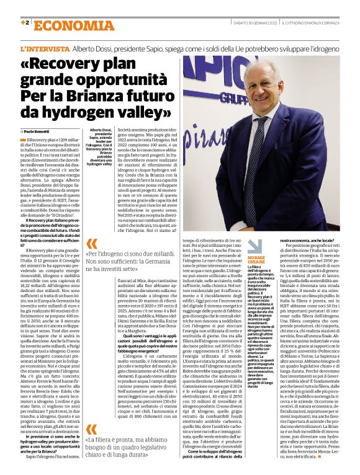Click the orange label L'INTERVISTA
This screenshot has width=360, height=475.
tap(44, 48)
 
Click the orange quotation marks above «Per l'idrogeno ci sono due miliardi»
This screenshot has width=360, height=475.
tap(91, 244)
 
